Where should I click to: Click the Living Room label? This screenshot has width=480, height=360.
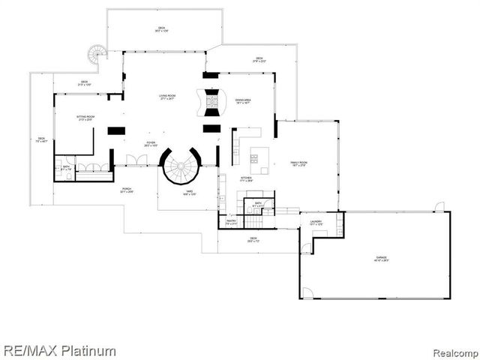[x=166, y=97]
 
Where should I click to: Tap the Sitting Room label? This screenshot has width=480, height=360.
[x=85, y=118]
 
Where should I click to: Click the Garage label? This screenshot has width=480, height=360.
[x=382, y=259]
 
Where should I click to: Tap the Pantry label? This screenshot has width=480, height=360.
[x=231, y=222]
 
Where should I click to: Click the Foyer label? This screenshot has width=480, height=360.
[x=151, y=144]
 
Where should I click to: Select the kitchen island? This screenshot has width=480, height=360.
[x=259, y=158]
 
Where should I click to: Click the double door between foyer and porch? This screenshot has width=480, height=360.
[x=136, y=160]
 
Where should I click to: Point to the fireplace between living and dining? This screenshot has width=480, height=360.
[x=211, y=102]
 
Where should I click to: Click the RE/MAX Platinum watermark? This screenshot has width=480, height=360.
[x=59, y=349]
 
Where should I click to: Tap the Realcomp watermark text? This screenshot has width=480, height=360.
[x=451, y=350]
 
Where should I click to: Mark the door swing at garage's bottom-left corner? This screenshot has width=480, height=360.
[x=307, y=292]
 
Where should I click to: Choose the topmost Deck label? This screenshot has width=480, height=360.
[x=161, y=29]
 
